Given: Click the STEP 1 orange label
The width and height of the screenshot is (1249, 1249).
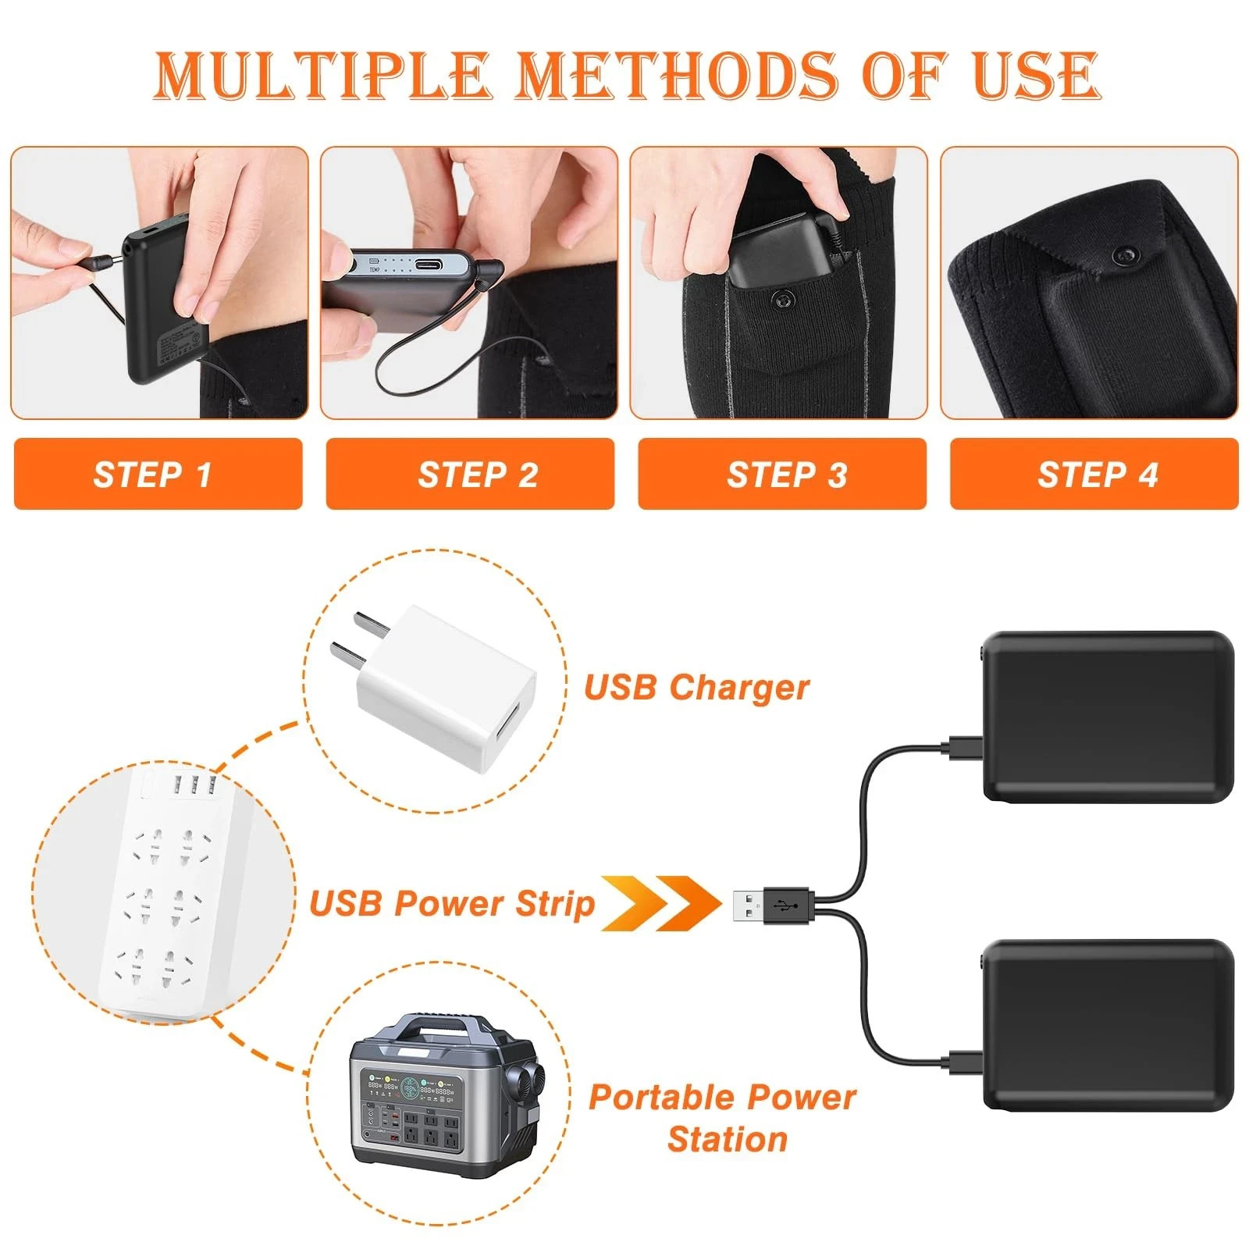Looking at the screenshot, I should click(x=157, y=475).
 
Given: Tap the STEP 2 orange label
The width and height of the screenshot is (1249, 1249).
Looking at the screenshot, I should click(x=470, y=475).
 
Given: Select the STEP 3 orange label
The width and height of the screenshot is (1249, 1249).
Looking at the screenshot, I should click(x=781, y=475).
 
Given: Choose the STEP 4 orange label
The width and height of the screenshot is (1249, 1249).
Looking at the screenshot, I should click(x=1094, y=475).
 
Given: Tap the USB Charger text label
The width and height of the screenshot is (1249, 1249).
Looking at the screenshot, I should click(x=696, y=688).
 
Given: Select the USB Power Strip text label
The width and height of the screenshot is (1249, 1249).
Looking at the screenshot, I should click(x=452, y=904).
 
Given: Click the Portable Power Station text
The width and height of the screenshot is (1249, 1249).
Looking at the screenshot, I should click(x=723, y=1118).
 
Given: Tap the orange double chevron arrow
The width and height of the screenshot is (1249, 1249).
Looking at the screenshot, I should click(x=660, y=903).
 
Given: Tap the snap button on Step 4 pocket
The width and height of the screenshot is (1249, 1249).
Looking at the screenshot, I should click(x=1125, y=254).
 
